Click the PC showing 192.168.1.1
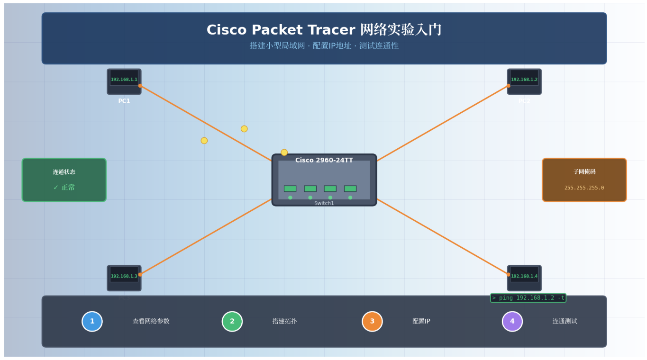(124, 81)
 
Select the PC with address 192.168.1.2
(524, 81)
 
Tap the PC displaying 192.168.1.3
(124, 278)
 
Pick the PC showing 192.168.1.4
(524, 278)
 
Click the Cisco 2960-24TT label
(324, 160)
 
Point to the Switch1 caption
(324, 203)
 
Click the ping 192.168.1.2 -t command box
(528, 298)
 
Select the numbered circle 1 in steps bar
(92, 321)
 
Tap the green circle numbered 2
(232, 321)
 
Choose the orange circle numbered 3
(372, 321)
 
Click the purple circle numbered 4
(512, 321)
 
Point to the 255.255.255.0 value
(584, 188)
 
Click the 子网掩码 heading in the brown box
(584, 172)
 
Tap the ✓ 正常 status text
(64, 188)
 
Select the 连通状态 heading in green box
(64, 172)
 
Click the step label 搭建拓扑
(284, 321)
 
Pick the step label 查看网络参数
(151, 321)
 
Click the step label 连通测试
(565, 321)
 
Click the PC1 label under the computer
(124, 101)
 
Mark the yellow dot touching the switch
(284, 153)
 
